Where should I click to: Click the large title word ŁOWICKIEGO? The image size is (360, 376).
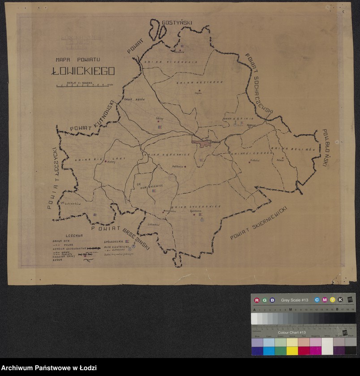click(83, 71)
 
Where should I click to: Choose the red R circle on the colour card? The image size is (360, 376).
click(257, 300)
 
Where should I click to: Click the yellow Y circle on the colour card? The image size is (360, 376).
click(332, 300)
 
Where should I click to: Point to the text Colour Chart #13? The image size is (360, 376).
click(291, 333)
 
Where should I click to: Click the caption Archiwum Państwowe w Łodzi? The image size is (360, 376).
click(48, 368)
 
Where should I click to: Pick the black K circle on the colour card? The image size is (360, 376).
click(340, 300)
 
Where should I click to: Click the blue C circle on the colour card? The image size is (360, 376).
click(317, 300)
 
